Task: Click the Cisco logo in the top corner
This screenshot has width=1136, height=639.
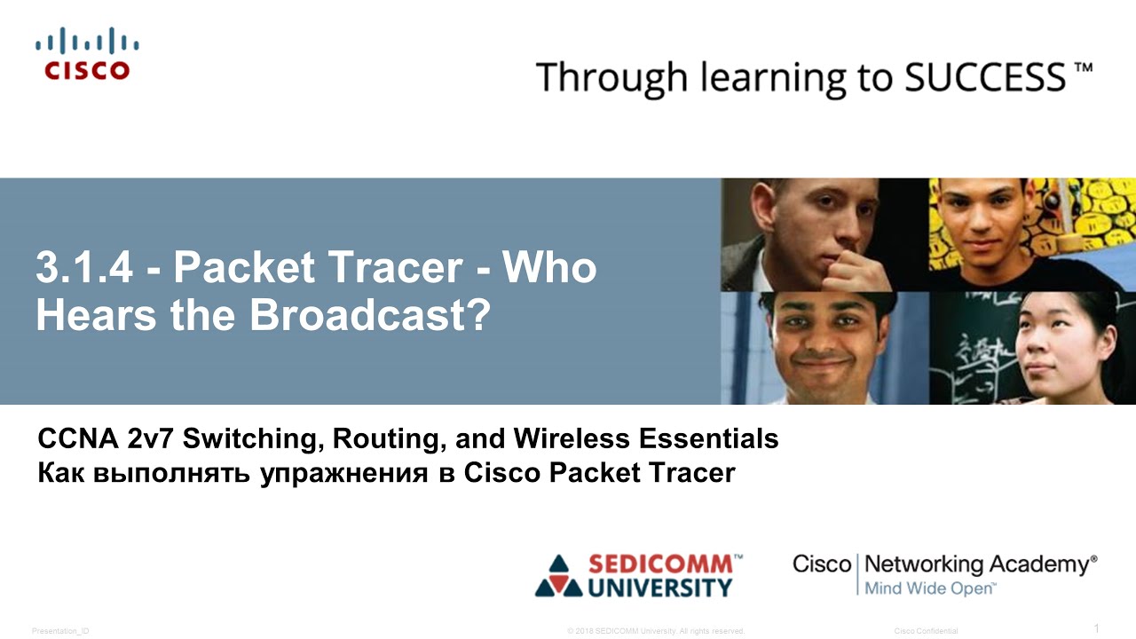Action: tap(87, 55)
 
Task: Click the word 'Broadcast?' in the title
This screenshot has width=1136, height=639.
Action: tap(370, 317)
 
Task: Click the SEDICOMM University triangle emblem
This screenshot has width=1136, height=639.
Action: tap(557, 576)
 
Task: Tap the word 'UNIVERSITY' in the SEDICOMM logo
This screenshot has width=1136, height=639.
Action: tap(661, 588)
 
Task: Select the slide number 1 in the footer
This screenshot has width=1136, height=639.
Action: tap(1096, 628)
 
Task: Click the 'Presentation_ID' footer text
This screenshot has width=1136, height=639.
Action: tap(60, 631)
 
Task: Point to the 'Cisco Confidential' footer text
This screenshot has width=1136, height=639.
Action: tap(926, 631)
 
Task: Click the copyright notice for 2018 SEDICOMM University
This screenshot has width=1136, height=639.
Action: tap(655, 631)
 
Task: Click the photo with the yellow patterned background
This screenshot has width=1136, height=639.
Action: tap(1032, 234)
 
